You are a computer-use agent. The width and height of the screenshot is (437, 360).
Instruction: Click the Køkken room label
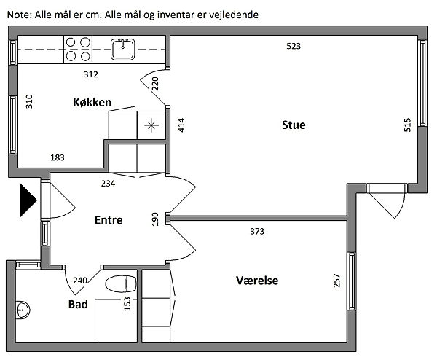tap(92, 102)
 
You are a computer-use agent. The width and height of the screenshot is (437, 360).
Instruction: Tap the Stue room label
tap(294, 125)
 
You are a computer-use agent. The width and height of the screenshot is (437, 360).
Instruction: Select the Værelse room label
tap(257, 281)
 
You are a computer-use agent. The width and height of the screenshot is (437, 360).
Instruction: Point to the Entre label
tap(109, 220)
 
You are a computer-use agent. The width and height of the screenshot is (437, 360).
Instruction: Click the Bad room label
tap(78, 304)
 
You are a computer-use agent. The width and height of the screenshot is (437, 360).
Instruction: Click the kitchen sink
tap(122, 49)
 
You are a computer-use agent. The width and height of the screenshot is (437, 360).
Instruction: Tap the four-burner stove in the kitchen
tap(78, 50)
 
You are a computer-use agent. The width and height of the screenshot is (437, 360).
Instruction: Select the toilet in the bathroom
tap(121, 284)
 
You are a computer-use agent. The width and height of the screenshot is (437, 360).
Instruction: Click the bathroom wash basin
tap(23, 310)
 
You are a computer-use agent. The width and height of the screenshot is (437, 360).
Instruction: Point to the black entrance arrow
tap(28, 200)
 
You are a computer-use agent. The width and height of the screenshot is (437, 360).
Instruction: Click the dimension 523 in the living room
tap(294, 46)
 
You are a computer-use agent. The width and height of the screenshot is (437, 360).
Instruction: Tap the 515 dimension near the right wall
tap(407, 125)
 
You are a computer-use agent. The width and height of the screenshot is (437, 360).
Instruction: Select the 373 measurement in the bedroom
tap(257, 231)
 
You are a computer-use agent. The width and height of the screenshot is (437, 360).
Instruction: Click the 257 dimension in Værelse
tap(336, 281)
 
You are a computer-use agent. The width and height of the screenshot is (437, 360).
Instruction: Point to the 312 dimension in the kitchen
tap(91, 74)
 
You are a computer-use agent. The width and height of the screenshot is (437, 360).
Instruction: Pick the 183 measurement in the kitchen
tap(58, 157)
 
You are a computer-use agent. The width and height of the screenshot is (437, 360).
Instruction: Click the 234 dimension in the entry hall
tap(108, 183)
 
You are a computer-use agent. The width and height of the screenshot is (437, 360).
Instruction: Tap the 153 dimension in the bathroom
tap(127, 304)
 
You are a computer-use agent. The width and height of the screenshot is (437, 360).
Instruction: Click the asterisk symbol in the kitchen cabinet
tap(151, 125)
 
